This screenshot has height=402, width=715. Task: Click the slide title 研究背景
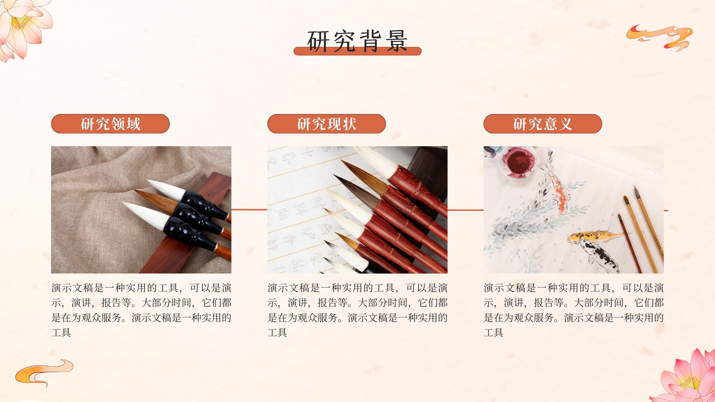357,41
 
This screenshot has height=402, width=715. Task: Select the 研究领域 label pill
110,124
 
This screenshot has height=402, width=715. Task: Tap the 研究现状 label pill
327,124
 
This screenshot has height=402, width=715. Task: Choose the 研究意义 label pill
543,124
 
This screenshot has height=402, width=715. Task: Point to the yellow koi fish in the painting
594,236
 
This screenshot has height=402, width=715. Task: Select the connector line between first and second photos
249,209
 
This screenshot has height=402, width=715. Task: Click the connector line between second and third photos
465,210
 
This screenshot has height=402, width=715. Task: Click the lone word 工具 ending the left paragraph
61,333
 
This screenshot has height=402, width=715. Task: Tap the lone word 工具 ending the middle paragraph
277,333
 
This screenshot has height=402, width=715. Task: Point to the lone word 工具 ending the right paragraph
493,333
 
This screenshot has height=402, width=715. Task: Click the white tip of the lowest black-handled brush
147,214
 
